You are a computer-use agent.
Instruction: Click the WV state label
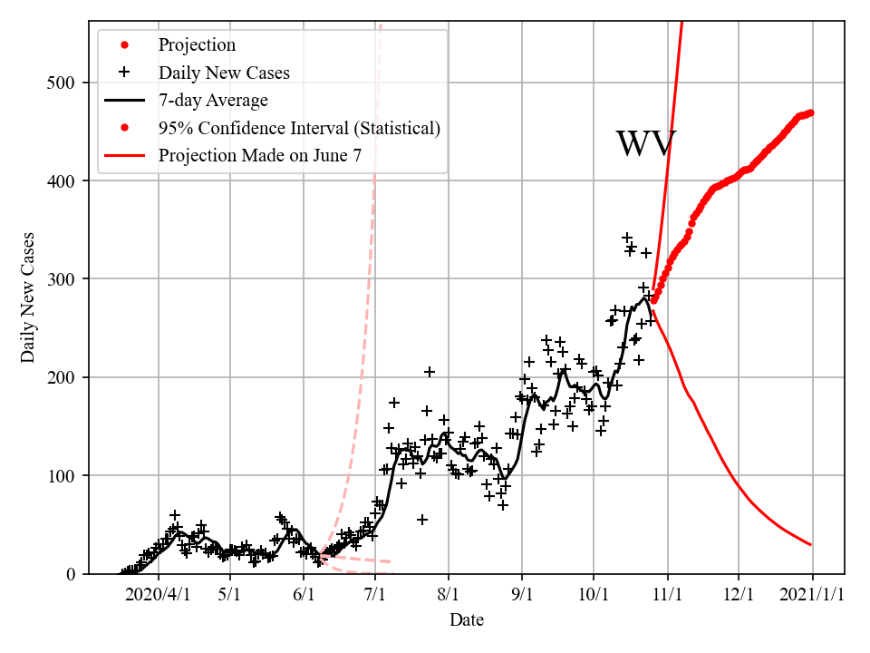tap(645, 144)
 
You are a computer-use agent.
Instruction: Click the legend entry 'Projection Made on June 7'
tap(260, 155)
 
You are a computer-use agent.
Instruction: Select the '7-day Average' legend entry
tap(213, 100)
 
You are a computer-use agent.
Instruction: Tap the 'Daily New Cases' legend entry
tap(224, 72)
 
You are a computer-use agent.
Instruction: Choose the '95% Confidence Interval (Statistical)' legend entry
tap(299, 128)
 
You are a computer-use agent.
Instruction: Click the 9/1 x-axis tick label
tap(522, 595)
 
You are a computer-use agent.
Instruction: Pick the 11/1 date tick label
tap(667, 595)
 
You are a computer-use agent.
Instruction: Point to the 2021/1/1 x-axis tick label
tap(812, 595)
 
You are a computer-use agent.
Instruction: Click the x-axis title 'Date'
tap(467, 620)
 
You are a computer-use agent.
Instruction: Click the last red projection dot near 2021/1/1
tap(811, 112)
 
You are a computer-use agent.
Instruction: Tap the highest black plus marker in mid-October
tap(627, 238)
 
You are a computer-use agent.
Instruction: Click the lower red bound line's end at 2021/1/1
tap(811, 545)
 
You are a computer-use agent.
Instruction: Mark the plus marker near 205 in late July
tap(430, 372)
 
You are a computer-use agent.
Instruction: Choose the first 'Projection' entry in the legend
tap(197, 44)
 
